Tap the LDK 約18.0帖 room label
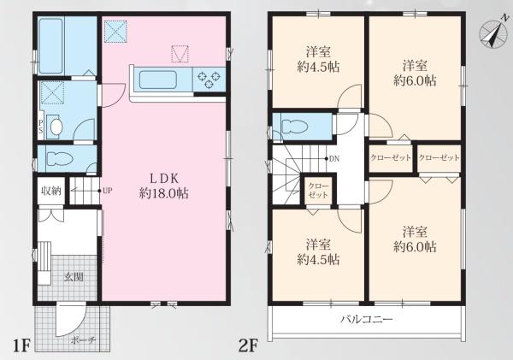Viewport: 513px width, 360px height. coord(163,186)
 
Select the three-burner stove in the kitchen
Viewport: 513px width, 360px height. coord(209,79)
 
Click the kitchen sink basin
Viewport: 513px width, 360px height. coord(158,80)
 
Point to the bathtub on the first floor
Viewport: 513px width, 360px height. coord(50,46)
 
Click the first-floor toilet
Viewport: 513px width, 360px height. coord(60,159)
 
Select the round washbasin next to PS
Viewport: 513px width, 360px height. coord(56,127)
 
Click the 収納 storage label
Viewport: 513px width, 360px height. coord(51,191)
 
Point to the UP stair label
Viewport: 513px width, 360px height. coord(108,191)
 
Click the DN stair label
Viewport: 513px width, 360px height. coord(334,159)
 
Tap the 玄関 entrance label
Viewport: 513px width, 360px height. coord(74,277)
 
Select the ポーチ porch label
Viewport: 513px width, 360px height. coord(83,340)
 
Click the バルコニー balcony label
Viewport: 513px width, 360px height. coord(367,318)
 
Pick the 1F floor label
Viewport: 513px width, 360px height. coord(21,345)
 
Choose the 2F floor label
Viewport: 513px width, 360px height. coord(248,345)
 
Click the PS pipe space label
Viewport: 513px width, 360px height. coord(41,127)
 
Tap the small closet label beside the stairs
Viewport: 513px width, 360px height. coord(318,191)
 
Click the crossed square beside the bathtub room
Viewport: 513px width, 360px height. coord(115,32)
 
